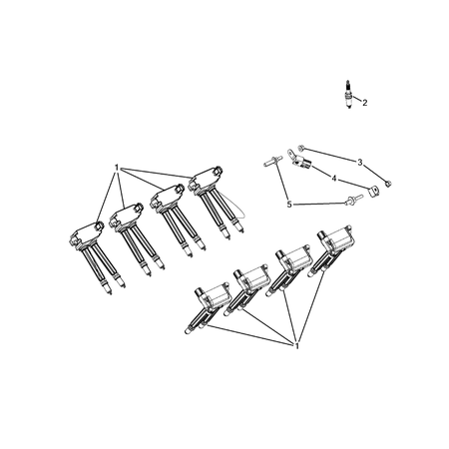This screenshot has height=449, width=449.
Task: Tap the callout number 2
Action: click(365, 103)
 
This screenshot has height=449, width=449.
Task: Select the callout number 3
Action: click(359, 161)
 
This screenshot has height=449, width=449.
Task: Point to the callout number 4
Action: click(334, 179)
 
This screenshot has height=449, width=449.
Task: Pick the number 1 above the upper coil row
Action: click(117, 167)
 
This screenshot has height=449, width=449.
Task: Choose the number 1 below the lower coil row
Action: click(297, 345)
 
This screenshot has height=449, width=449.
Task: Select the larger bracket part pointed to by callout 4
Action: click(299, 159)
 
